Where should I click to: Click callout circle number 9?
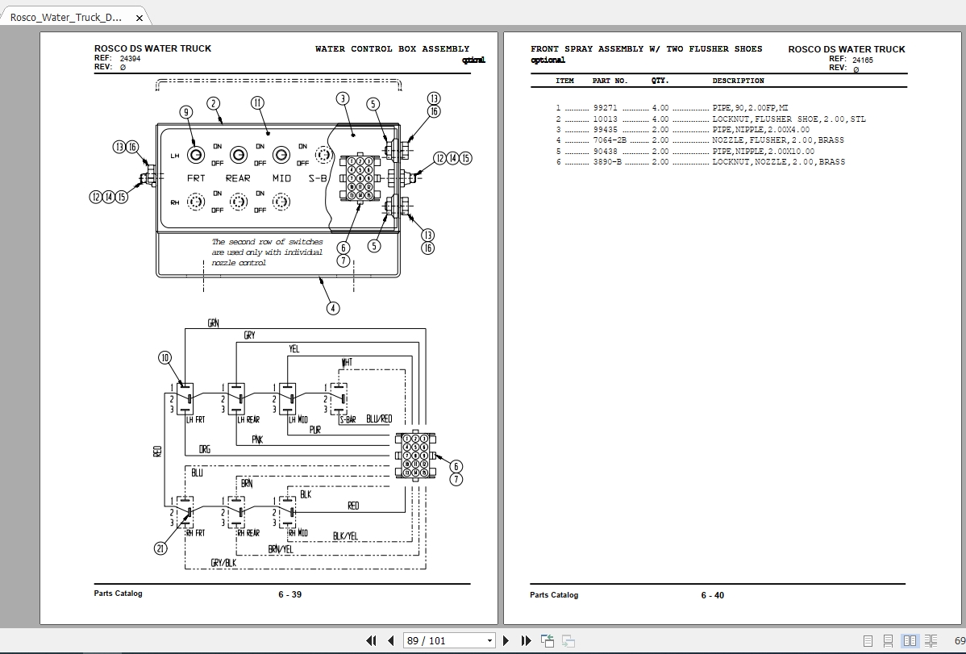click(185, 112)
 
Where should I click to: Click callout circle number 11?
click(256, 102)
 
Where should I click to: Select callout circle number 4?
click(332, 307)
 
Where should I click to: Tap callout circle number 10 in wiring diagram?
click(164, 358)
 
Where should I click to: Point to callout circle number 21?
click(161, 548)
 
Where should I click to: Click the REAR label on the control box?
click(238, 178)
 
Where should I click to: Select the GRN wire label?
click(213, 323)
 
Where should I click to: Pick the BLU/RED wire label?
click(379, 419)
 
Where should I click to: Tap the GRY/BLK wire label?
click(223, 562)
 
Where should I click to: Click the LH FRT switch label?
click(194, 419)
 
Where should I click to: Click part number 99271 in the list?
click(605, 107)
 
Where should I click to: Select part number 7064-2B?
click(610, 140)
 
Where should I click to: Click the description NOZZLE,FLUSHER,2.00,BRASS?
click(778, 140)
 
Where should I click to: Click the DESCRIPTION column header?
click(738, 81)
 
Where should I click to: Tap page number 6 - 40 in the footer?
click(712, 595)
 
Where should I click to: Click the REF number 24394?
click(130, 59)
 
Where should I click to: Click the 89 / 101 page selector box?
click(449, 640)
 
